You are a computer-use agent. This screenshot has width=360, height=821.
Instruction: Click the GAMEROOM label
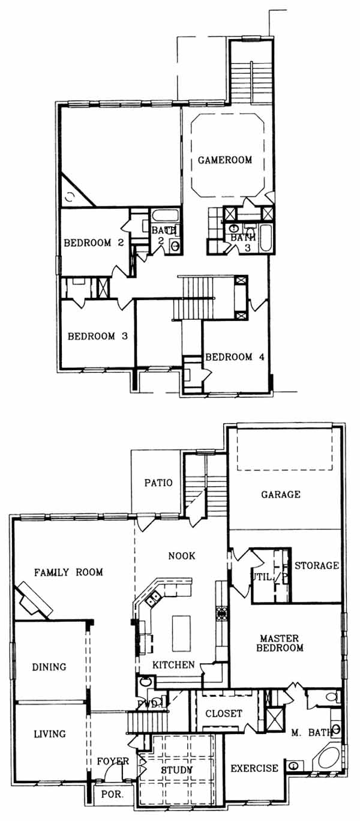(225, 160)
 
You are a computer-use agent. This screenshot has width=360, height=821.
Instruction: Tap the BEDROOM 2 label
(94, 242)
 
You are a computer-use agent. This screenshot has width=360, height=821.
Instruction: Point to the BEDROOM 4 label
(235, 356)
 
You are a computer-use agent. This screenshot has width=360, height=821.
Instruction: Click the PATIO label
(158, 483)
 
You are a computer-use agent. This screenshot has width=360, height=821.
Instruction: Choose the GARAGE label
(281, 495)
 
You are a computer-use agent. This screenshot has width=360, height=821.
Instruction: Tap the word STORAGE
(317, 565)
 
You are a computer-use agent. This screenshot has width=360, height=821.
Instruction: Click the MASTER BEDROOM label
(280, 643)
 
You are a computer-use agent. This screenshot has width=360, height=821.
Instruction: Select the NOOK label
(182, 556)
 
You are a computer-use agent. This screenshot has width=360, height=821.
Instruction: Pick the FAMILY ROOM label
(68, 572)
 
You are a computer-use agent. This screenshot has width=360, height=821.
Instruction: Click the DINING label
(49, 667)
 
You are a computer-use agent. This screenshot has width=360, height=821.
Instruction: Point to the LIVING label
(50, 734)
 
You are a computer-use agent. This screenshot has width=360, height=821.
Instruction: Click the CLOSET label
(224, 713)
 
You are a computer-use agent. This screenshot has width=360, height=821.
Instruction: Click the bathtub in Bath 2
(166, 215)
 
